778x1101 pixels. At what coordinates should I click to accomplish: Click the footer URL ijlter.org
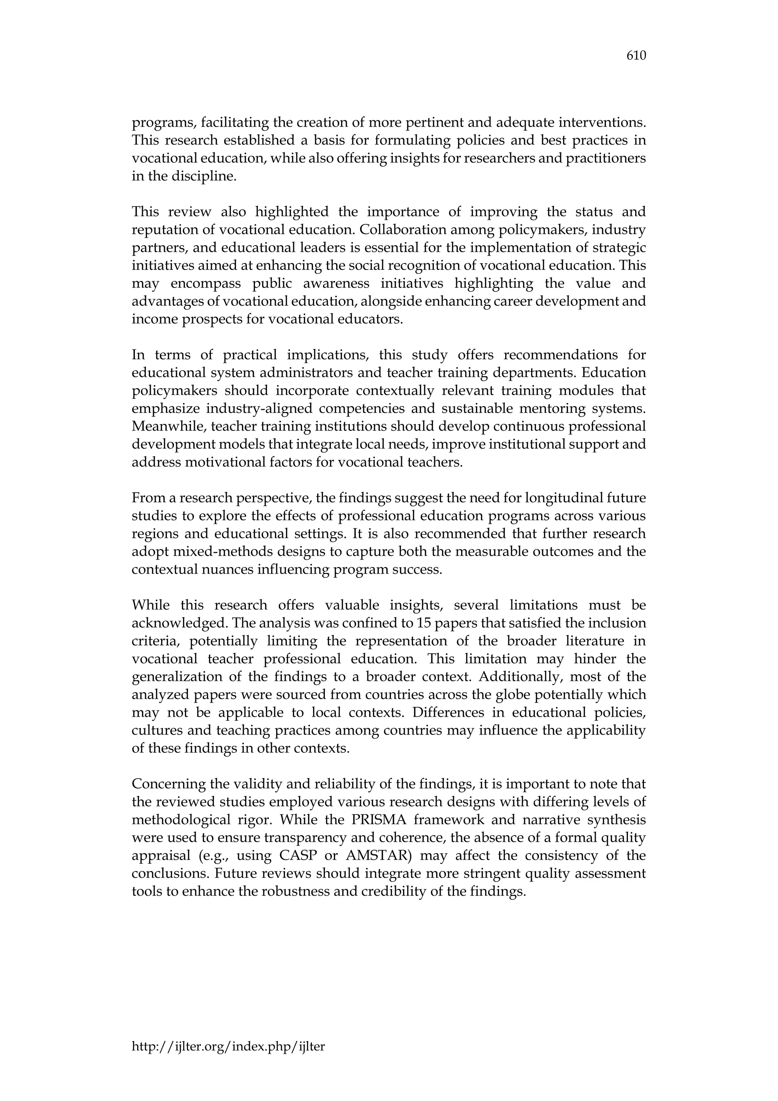coord(228,1046)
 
